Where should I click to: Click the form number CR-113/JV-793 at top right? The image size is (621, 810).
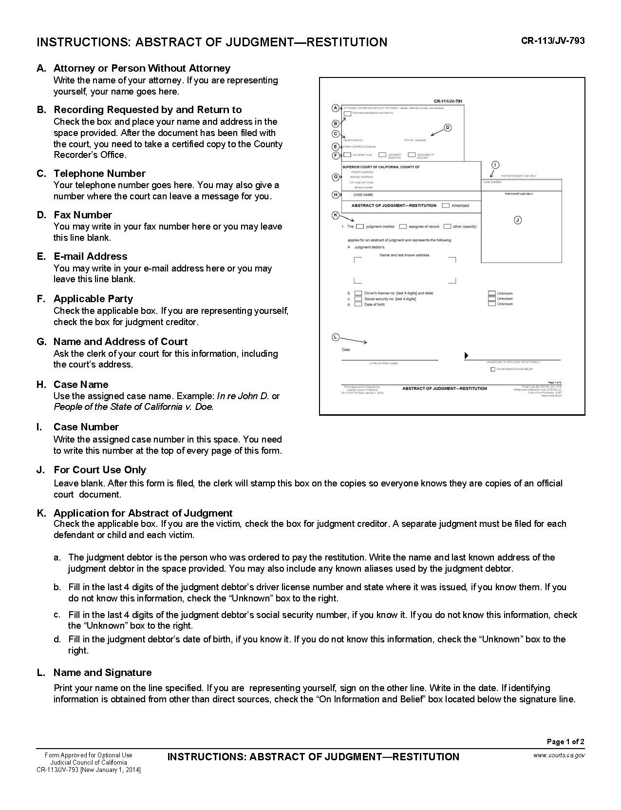pyautogui.click(x=552, y=40)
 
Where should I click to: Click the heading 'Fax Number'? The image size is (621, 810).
pyautogui.click(x=83, y=215)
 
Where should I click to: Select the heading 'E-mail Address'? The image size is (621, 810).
pyautogui.click(x=90, y=256)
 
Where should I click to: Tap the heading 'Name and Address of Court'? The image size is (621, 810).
pyautogui.click(x=120, y=342)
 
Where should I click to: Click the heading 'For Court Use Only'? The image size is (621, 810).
pyautogui.click(x=100, y=470)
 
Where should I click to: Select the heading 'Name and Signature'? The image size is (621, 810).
pyautogui.click(x=102, y=673)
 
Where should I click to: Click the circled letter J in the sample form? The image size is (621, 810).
pyautogui.click(x=518, y=220)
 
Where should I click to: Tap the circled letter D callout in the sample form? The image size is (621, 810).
pyautogui.click(x=448, y=128)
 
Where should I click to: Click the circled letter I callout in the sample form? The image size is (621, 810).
pyautogui.click(x=495, y=165)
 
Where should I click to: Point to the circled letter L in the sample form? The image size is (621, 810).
pyautogui.click(x=335, y=337)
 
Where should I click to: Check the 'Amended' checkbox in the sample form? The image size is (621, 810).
pyautogui.click(x=446, y=206)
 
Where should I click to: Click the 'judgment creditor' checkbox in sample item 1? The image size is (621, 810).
pyautogui.click(x=360, y=227)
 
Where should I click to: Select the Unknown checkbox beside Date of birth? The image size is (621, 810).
pyautogui.click(x=492, y=304)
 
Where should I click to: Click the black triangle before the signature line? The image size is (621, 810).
pyautogui.click(x=467, y=356)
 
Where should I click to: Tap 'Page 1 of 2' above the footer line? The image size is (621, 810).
pyautogui.click(x=565, y=742)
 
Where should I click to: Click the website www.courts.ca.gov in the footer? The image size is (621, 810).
pyautogui.click(x=559, y=755)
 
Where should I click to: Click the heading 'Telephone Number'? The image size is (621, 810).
pyautogui.click(x=99, y=174)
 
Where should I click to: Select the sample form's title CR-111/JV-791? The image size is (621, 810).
pyautogui.click(x=448, y=101)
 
